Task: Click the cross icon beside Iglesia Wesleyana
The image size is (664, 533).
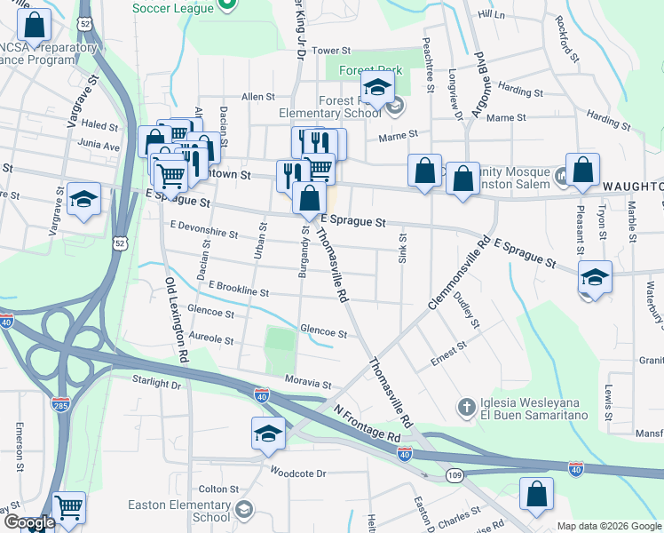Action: (466, 408)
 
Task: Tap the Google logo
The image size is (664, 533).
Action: (29, 522)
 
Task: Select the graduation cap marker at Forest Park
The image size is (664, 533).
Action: (376, 89)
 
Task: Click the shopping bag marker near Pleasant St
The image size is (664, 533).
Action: (582, 171)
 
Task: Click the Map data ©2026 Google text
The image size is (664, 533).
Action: (609, 526)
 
